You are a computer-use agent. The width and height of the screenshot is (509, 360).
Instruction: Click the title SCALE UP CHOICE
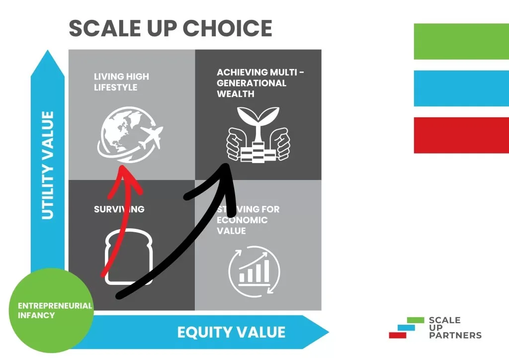click(170, 28)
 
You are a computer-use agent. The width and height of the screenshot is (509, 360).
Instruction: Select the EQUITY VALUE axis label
click(231, 332)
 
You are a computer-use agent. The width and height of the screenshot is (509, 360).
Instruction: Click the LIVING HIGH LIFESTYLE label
click(121, 82)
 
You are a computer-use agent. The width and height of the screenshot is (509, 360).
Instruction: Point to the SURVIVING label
click(119, 209)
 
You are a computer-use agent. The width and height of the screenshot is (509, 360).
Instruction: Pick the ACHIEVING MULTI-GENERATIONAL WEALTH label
click(260, 83)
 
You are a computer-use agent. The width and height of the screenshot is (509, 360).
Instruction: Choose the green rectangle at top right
click(461, 41)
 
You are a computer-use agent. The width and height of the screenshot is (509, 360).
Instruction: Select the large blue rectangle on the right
click(461, 88)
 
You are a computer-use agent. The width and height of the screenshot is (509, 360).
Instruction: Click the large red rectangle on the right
click(461, 135)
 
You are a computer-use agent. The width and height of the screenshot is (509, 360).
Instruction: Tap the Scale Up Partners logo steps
click(407, 328)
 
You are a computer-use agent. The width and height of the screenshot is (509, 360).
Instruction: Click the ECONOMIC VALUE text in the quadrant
click(242, 226)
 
